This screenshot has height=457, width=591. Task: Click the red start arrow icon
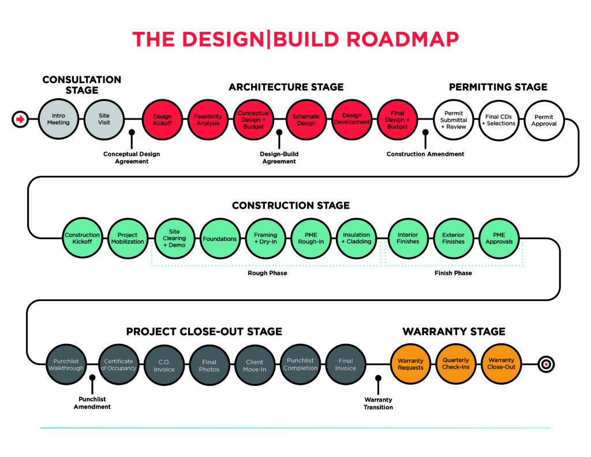tap(20, 119)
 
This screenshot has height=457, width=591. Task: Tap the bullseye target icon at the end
tap(546, 364)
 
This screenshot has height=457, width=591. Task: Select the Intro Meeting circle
tap(58, 119)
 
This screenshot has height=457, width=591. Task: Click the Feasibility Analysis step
tap(208, 120)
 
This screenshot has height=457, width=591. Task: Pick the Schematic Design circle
tap(306, 120)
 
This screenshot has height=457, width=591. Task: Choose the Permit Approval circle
tap(544, 120)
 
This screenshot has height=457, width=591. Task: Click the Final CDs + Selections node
tap(499, 120)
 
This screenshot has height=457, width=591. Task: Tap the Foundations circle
tap(220, 239)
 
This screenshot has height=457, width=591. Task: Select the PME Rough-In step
tap(311, 239)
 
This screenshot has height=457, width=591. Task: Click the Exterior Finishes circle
tap(454, 239)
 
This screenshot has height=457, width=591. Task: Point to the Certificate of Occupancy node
tap(119, 365)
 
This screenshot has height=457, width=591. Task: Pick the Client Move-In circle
tap(255, 365)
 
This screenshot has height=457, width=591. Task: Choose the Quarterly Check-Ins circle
tap(456, 364)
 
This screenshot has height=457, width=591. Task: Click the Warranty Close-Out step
tap(501, 364)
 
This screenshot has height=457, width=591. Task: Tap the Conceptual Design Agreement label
tap(132, 158)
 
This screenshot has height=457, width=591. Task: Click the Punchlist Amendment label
tap(92, 403)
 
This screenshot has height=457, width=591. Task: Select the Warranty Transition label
tap(378, 403)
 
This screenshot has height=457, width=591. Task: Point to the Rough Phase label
tap(267, 273)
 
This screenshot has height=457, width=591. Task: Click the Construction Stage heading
tap(291, 205)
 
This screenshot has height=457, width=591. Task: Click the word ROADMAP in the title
tap(402, 39)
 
